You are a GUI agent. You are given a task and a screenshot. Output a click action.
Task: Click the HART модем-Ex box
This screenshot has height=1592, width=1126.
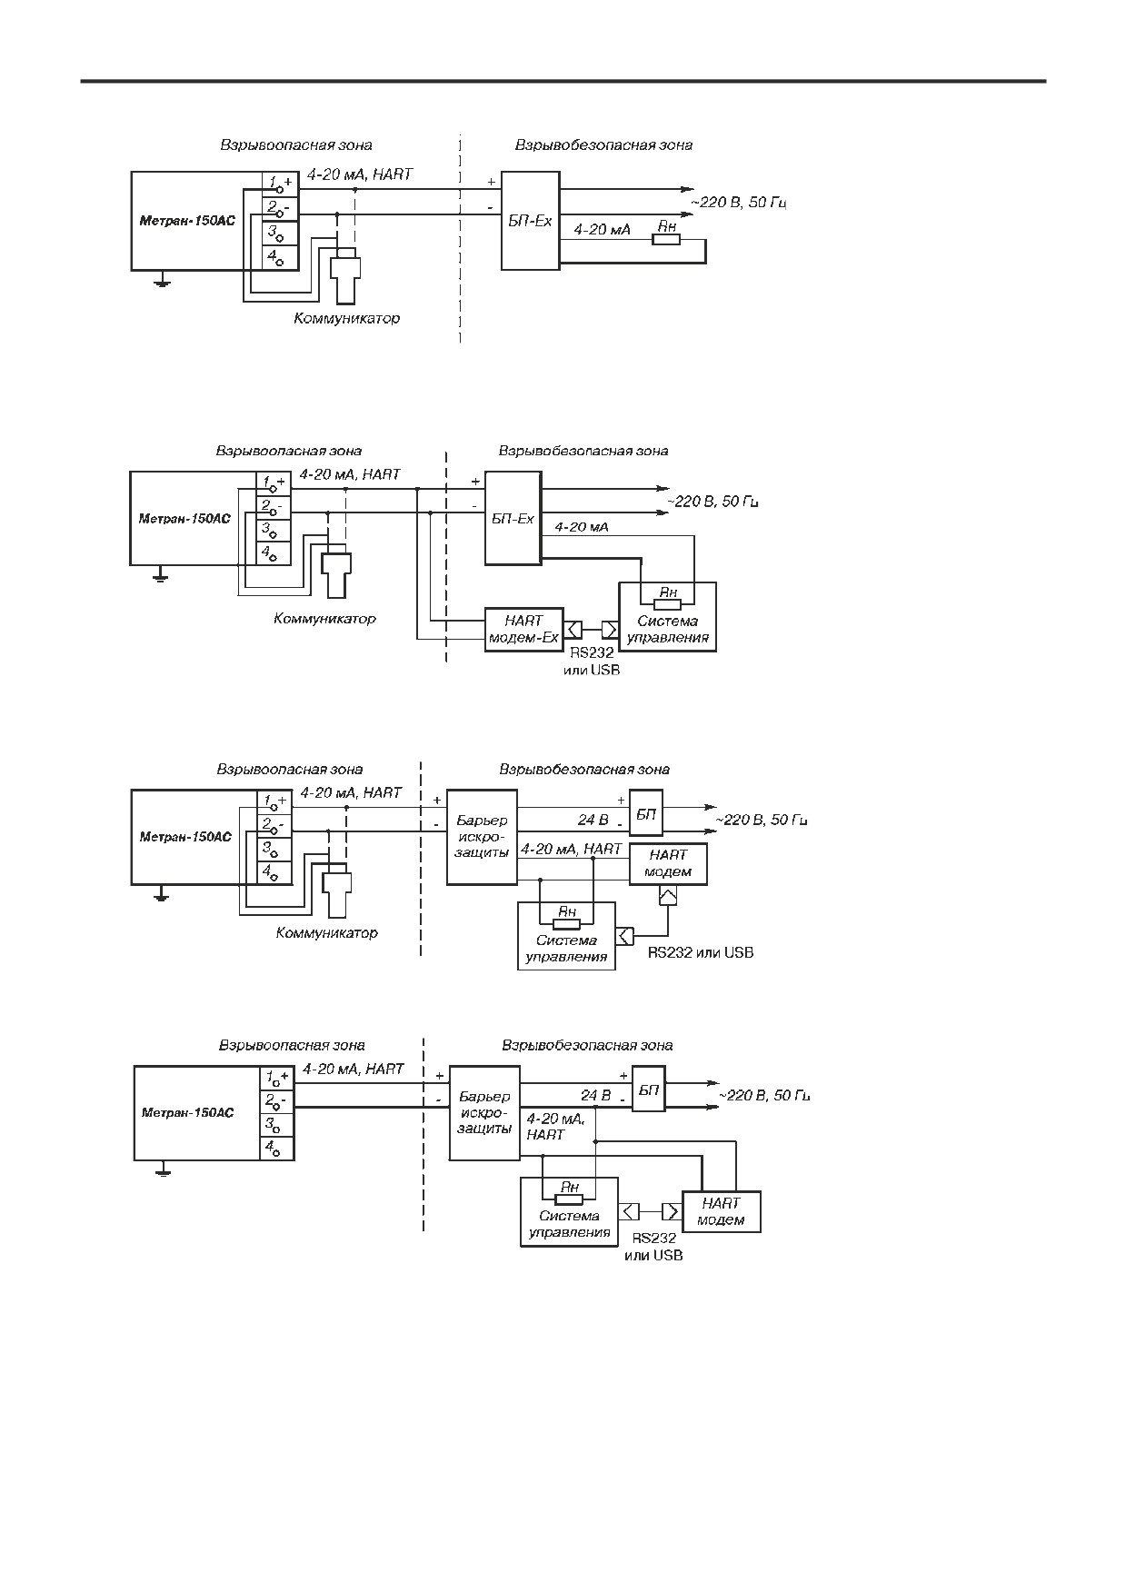[524, 630]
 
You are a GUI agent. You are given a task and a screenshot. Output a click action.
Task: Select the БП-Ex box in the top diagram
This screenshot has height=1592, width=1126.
[530, 220]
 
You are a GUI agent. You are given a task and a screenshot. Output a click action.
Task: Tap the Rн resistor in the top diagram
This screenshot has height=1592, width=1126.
[666, 239]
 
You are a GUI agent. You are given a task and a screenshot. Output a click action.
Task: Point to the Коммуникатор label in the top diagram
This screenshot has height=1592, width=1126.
[346, 319]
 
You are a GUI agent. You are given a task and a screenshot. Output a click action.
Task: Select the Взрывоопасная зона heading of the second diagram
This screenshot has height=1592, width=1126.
[289, 451]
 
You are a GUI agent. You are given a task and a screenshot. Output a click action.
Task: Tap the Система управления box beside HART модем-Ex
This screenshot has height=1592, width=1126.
[667, 617]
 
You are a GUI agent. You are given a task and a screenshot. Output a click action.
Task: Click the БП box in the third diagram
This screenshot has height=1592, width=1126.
[646, 814]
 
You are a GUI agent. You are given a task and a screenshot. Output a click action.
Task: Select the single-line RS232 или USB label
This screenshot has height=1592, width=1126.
[701, 953]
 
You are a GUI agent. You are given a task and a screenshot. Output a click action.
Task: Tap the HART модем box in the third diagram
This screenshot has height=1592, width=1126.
[668, 864]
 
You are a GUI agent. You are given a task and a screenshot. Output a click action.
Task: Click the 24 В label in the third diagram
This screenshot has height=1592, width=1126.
[593, 820]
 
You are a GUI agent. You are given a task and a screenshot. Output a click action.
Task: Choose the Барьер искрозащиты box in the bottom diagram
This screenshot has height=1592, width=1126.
[484, 1112]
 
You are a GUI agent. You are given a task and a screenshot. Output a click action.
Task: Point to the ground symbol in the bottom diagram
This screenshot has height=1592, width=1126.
[163, 1170]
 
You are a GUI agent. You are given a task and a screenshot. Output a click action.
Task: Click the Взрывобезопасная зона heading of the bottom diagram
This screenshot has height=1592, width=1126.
[587, 1045]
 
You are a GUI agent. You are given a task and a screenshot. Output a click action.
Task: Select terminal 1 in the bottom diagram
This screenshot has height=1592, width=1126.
[277, 1078]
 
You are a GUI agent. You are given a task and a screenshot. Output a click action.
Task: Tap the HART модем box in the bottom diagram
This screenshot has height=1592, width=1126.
[721, 1211]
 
